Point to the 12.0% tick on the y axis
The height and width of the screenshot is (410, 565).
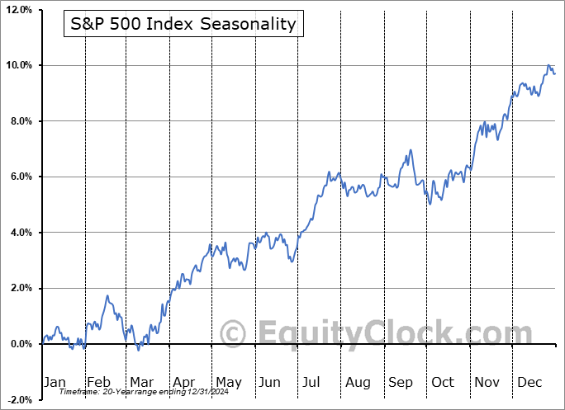18,10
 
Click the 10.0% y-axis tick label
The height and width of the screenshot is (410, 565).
18,65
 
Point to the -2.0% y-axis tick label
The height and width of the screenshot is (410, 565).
19,399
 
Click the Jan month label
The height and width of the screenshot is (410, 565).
54,382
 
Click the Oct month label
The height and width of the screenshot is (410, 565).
443,382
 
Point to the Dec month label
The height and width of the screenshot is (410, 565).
529,382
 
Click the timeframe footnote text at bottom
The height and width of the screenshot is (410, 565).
131,393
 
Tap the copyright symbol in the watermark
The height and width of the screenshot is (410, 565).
235,334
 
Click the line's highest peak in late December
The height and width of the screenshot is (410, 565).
548,65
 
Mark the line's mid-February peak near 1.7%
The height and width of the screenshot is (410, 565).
107,296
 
